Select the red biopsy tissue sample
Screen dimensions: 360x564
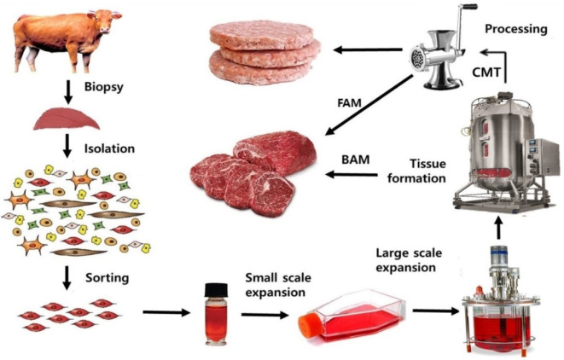[x=61, y=119]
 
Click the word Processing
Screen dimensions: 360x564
[x=516, y=29]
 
